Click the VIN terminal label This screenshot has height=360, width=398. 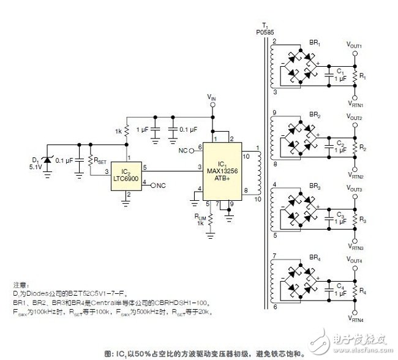pos(212,98)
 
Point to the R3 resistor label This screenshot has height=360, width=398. pos(362,219)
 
